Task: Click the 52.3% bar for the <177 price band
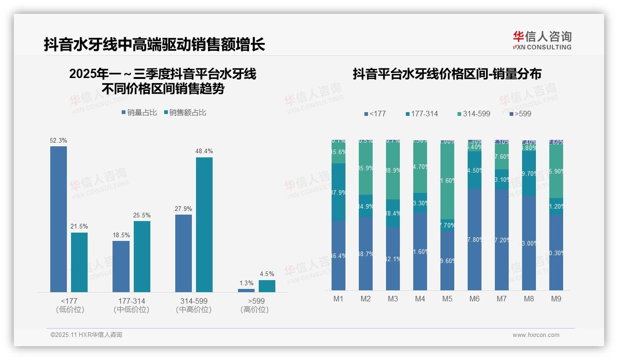point(59,219)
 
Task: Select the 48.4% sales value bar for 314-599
point(204,224)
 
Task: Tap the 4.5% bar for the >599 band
point(267,286)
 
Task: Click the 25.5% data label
point(142,215)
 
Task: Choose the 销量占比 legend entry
point(139,113)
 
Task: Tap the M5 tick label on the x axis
point(447,299)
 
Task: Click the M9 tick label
point(556,299)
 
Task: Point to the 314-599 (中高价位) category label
point(194,305)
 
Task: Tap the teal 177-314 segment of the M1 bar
point(339,192)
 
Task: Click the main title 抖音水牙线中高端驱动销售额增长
point(154,45)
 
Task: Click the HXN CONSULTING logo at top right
point(542,41)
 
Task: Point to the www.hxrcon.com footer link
point(535,335)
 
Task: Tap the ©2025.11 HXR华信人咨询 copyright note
point(86,335)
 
